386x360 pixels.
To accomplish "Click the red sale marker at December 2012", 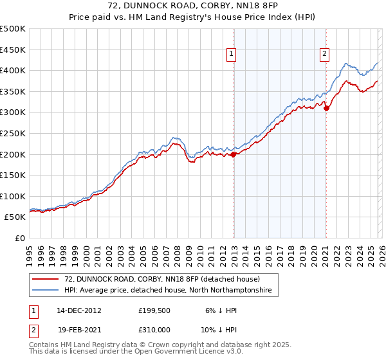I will click(x=234, y=154).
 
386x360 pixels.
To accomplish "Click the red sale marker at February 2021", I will click(x=326, y=108).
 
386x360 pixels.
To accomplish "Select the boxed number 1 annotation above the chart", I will click(x=231, y=55).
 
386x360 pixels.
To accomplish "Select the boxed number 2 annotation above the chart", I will click(x=324, y=55).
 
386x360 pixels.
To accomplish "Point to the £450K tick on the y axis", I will click(x=13, y=50).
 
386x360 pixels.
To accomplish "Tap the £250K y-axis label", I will click(x=13, y=133).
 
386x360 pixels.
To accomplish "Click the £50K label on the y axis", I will click(x=15, y=217).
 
